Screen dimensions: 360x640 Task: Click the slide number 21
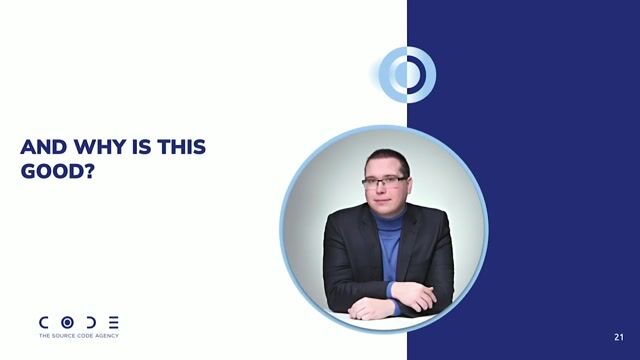[x=619, y=337]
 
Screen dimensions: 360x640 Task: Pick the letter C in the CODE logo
[x=45, y=323]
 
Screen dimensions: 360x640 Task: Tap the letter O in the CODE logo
[x=68, y=323]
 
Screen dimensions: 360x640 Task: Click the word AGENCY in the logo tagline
[x=107, y=336]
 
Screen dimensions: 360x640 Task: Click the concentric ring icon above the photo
[x=407, y=73]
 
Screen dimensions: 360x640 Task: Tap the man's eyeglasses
[x=384, y=181]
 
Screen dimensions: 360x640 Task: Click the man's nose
[x=385, y=188]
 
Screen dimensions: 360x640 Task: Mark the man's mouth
[x=385, y=199]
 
